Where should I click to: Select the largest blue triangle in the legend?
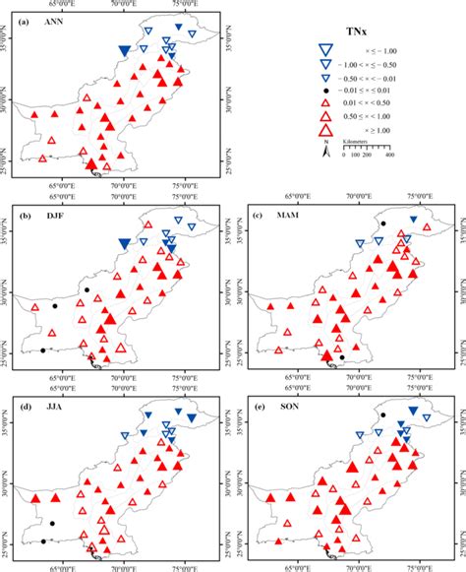tap(323, 51)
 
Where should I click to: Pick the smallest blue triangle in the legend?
tap(323, 79)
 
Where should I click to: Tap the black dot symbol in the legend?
tap(323, 92)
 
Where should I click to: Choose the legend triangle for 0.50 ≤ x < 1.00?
tap(323, 117)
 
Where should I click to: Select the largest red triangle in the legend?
tap(323, 132)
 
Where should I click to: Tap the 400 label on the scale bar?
tap(389, 156)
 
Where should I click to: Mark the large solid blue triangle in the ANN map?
tap(124, 50)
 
